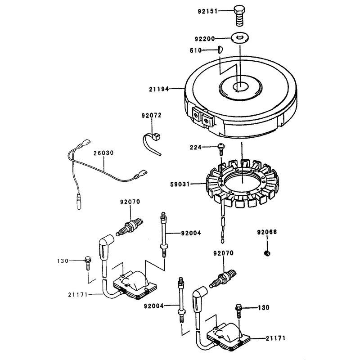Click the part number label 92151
pos(207,11)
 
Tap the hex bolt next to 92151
pos(239,16)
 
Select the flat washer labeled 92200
pos(240,37)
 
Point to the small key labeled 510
pos(220,49)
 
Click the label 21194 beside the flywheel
pos(159,89)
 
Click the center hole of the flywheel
pos(241,87)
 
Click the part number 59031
pos(180,184)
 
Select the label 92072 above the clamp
pos(152,115)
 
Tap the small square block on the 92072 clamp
pos(157,136)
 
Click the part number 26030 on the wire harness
pos(103,153)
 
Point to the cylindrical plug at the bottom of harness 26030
pos(79,201)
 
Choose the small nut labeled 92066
pos(267,253)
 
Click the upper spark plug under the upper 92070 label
pos(130,227)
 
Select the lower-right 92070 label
pos(223,253)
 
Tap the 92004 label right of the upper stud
pos(191,233)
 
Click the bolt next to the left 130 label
pos(88,263)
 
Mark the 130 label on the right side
pos(264,307)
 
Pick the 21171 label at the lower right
pos(275,338)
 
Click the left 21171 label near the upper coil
pos(78,295)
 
